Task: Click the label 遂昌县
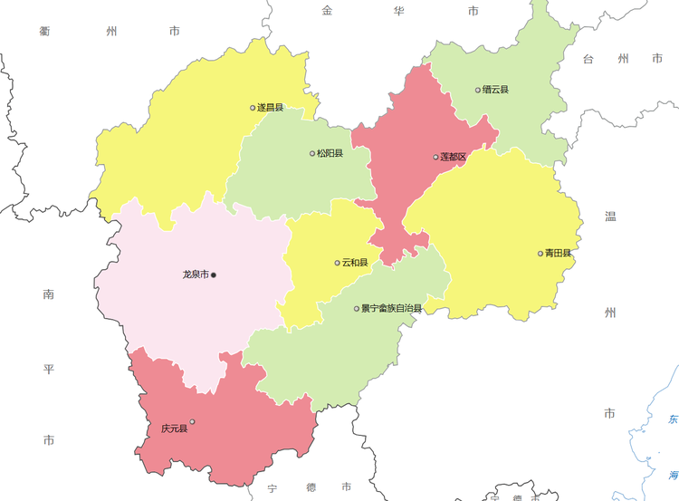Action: click(x=271, y=108)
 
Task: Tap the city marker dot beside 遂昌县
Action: click(x=253, y=108)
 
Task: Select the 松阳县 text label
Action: click(x=330, y=153)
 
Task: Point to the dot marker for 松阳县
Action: click(x=312, y=153)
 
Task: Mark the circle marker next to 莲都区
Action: click(x=435, y=157)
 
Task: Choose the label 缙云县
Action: click(x=496, y=90)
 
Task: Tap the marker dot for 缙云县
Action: click(x=478, y=90)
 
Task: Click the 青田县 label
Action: click(x=559, y=254)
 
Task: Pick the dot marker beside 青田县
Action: click(x=540, y=254)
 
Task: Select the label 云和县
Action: click(x=356, y=263)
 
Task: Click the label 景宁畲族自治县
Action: click(x=392, y=309)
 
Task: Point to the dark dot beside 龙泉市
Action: click(x=214, y=274)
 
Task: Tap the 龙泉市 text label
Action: click(x=196, y=274)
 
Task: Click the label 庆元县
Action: click(x=174, y=428)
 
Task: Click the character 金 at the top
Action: click(x=327, y=11)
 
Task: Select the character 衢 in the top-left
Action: click(x=44, y=31)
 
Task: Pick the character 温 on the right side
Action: click(x=610, y=217)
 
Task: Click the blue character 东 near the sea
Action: click(x=673, y=419)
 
